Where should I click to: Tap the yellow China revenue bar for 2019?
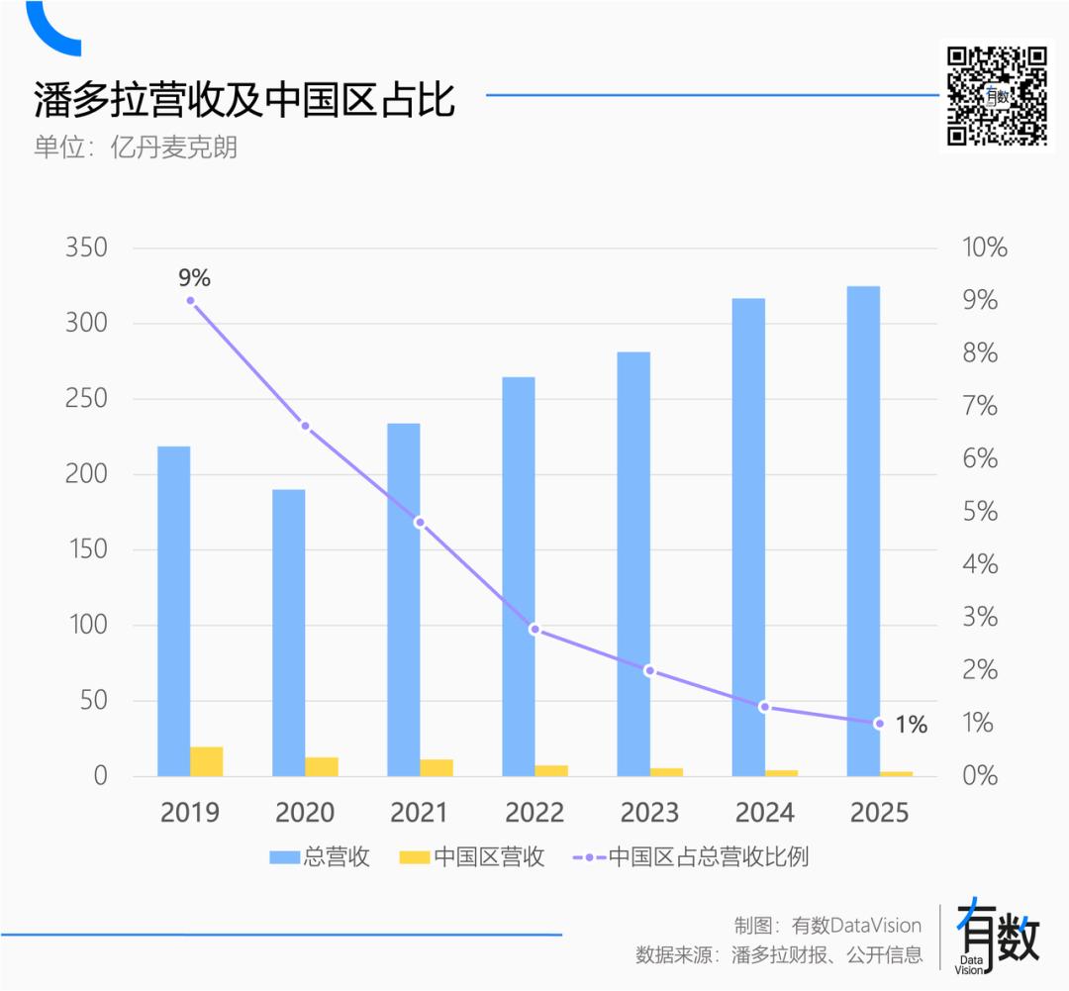(207, 761)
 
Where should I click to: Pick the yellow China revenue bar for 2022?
(551, 770)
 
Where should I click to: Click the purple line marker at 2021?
(420, 522)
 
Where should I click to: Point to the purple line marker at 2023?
(649, 670)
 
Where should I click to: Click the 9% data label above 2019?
(194, 278)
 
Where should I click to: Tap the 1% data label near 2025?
(911, 725)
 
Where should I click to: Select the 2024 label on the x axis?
(764, 813)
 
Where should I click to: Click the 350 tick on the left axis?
(86, 248)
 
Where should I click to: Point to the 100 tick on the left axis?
(86, 626)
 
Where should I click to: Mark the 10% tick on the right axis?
(984, 248)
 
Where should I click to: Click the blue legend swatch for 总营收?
(285, 857)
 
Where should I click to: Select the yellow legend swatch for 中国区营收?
(415, 857)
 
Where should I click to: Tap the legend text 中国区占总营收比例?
(709, 857)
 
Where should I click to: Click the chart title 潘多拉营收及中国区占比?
(244, 100)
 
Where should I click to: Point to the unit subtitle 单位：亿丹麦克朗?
(136, 148)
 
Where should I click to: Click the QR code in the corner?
(997, 95)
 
